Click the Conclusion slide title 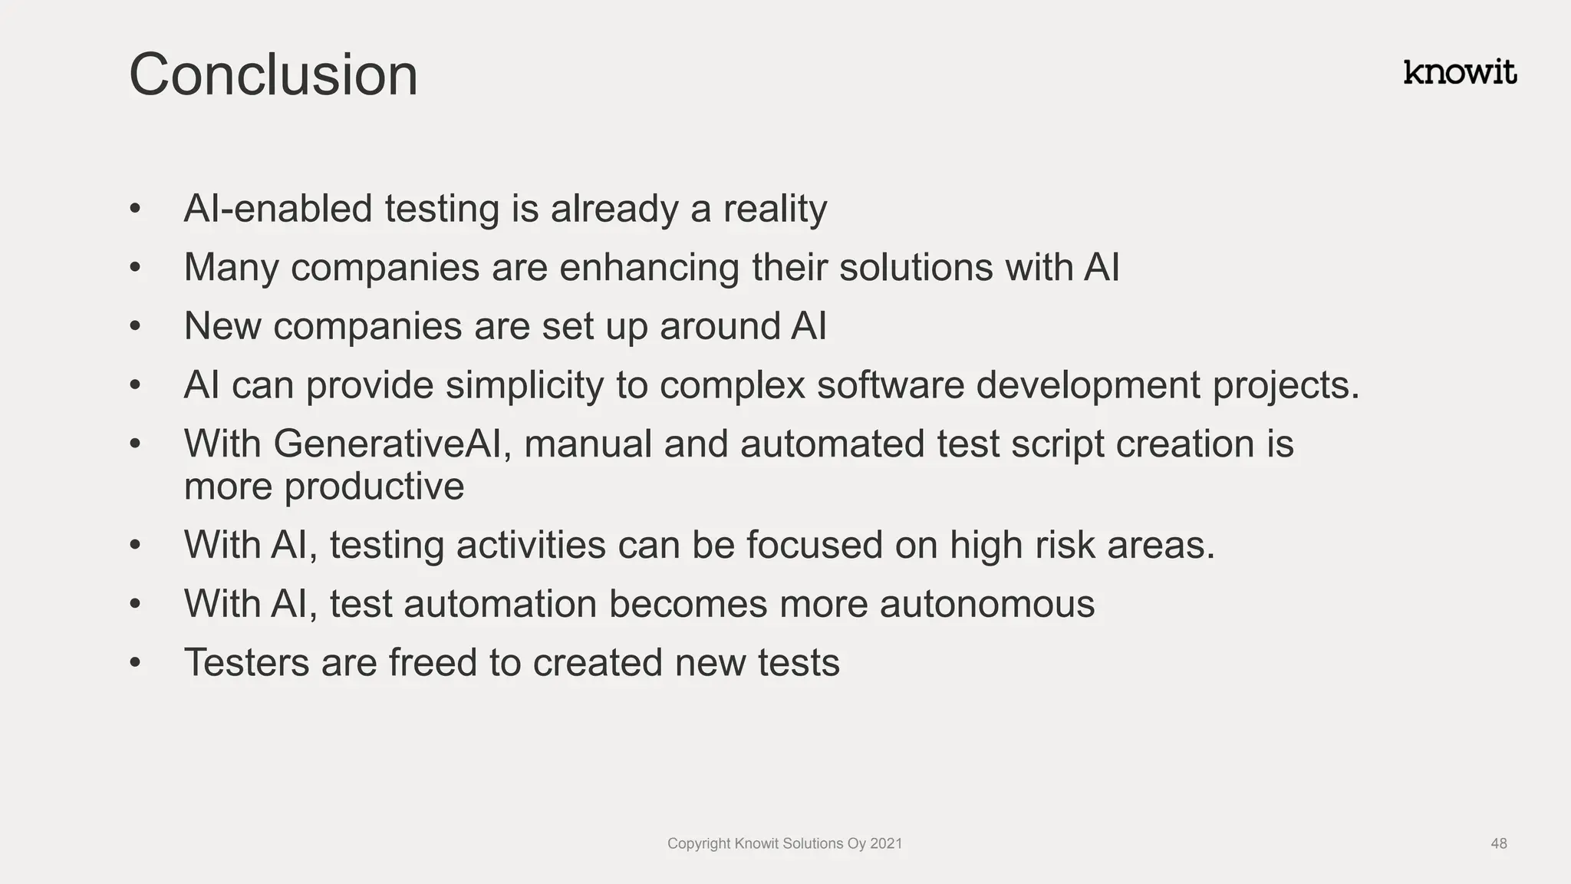click(x=273, y=74)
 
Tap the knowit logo click(x=1460, y=72)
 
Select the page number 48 click(x=1499, y=843)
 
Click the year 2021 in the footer click(x=886, y=843)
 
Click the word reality click(x=775, y=209)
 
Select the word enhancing click(x=649, y=268)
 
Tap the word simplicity click(x=525, y=385)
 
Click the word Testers click(x=246, y=662)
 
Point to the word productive click(x=374, y=487)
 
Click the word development click(x=1088, y=385)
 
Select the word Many click(x=231, y=268)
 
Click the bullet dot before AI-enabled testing click(x=136, y=209)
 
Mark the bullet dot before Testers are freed click(x=136, y=662)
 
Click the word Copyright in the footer click(x=699, y=843)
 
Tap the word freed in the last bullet click(x=433, y=662)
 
